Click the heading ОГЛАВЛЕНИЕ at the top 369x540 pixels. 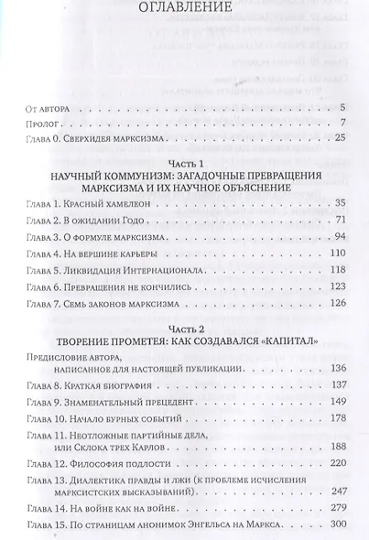(183, 13)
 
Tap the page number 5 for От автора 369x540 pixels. (340, 108)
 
